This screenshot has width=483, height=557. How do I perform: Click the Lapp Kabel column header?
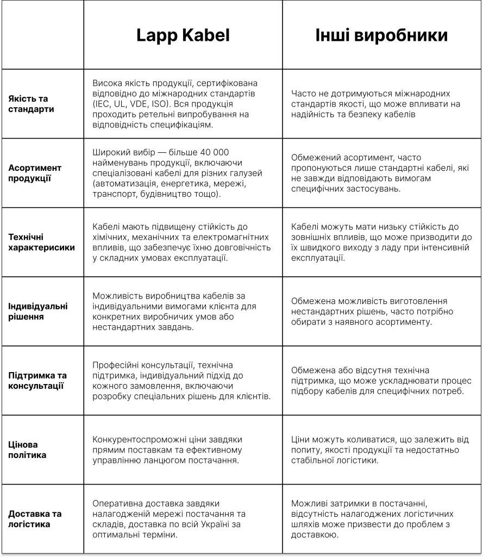coord(183,35)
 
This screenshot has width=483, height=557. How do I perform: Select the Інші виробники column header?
coord(381,35)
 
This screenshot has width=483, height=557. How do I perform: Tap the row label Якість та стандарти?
coord(32,104)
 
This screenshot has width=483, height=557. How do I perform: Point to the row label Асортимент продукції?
coord(35,173)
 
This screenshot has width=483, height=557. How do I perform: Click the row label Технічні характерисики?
coord(41,242)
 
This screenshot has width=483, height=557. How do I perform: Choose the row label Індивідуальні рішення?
coord(38,311)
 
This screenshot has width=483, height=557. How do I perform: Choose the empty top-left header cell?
coord(42,35)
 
